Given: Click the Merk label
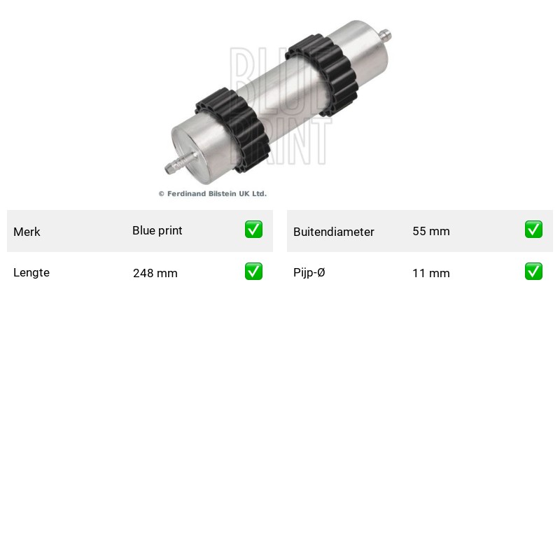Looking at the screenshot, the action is pos(27,232).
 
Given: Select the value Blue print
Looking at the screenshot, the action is pos(157,231).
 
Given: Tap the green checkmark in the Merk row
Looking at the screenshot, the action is pos(253,230).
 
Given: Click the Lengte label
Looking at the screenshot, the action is pos(31,272).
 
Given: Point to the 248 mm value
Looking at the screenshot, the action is pos(155,273).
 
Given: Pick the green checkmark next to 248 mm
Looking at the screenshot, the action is pos(253,272).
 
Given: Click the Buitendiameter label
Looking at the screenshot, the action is pos(334,232).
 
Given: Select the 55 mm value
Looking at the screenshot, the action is pos(431,231).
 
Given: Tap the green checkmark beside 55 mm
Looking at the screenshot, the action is pos(533,230).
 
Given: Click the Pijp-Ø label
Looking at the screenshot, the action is pos(309,272).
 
